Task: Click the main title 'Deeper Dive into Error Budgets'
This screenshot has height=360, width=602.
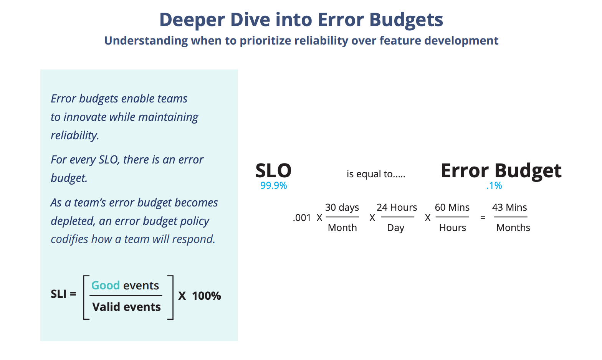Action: [x=301, y=20]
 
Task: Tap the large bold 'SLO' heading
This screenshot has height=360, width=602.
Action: [x=273, y=170]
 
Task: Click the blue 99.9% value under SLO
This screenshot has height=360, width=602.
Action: [x=273, y=186]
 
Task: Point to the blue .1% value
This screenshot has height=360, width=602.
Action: [x=494, y=186]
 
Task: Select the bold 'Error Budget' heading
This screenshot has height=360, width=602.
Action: [x=501, y=170]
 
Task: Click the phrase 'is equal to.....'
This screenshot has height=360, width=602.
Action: [x=376, y=174]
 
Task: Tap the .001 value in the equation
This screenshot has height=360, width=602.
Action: [x=302, y=218]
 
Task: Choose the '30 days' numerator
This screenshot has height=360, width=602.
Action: [x=342, y=208]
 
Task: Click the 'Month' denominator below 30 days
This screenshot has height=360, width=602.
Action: [x=342, y=228]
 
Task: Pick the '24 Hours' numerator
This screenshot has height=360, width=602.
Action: [x=397, y=208]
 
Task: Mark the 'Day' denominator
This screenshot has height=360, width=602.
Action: [x=395, y=228]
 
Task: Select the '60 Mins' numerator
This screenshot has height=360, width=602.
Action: [x=452, y=208]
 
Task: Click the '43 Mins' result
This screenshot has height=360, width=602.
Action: [x=509, y=208]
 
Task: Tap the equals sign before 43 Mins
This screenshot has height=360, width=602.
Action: [x=483, y=218]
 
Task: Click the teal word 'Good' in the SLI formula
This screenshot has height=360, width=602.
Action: [x=106, y=286]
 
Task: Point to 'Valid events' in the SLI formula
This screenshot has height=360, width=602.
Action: [x=126, y=307]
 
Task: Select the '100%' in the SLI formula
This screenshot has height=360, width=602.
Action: [x=206, y=296]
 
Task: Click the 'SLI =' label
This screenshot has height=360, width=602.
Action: [x=63, y=294]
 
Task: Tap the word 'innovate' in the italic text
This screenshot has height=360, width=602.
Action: [x=85, y=117]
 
